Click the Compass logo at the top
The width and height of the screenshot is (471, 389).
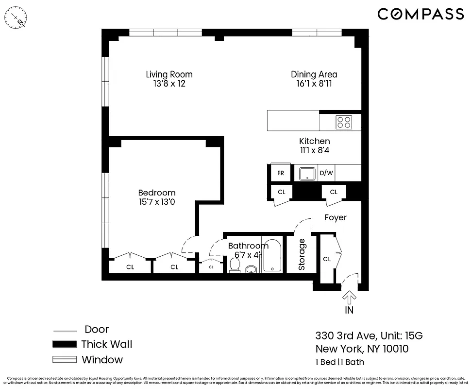[x=421, y=14]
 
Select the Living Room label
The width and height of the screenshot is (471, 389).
[x=169, y=74]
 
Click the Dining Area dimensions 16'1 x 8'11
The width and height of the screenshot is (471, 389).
[x=314, y=84]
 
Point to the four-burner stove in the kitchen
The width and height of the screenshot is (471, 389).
[x=344, y=122]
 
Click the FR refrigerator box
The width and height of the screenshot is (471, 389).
[x=281, y=173]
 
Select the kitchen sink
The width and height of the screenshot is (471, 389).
[x=307, y=173]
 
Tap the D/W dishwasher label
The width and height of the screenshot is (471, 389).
[x=325, y=173]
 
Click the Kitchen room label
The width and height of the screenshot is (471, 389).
[x=314, y=141]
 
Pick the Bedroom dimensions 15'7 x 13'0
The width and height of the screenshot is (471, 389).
[x=157, y=202]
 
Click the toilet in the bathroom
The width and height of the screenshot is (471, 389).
[x=235, y=265]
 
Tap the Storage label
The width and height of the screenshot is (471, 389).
[x=302, y=254]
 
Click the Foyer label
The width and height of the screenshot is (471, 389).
[x=336, y=217]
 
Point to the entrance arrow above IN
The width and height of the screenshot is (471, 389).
[x=349, y=296]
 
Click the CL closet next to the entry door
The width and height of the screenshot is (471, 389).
[x=327, y=259]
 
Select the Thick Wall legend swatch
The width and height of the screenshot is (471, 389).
[x=65, y=344]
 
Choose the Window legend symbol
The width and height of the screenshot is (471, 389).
[x=65, y=360]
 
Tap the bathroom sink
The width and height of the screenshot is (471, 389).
[x=252, y=269]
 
